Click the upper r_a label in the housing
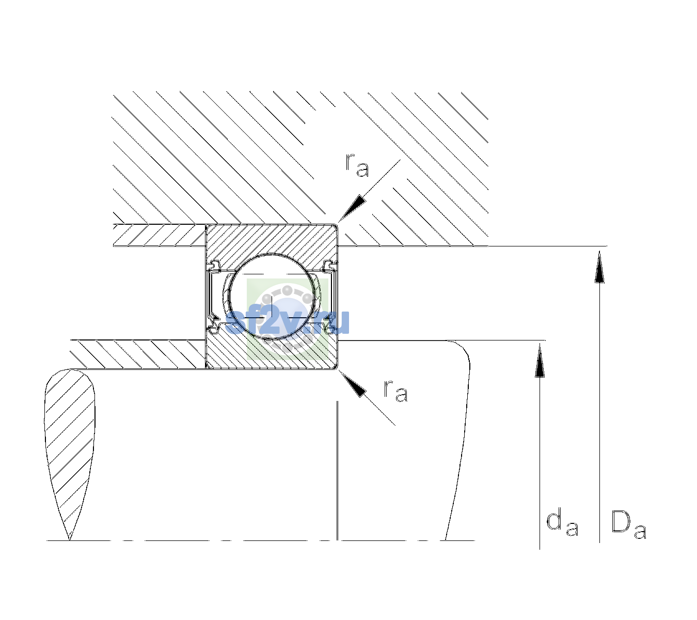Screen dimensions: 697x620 coord(357,165)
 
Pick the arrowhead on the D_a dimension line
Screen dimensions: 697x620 coord(599,267)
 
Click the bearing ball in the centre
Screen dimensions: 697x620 coord(272,297)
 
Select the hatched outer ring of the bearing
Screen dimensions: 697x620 coord(272,239)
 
